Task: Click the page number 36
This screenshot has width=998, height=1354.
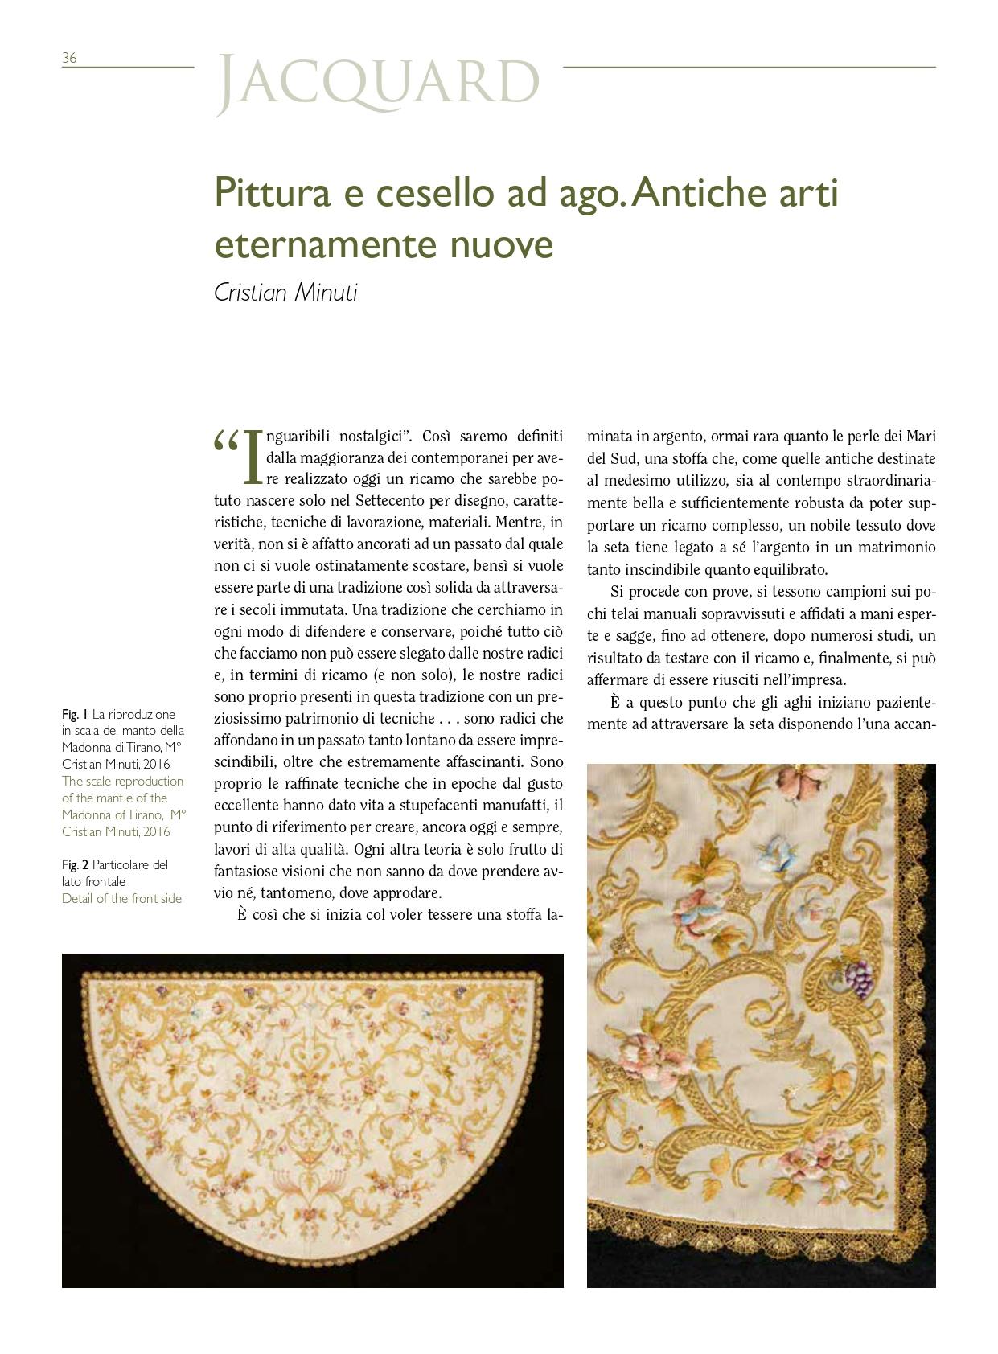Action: (x=69, y=58)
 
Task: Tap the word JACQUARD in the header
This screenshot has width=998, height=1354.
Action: (x=378, y=83)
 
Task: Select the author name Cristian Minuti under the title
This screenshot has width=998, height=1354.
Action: (x=285, y=293)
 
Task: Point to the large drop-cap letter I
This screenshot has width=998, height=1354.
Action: (x=253, y=457)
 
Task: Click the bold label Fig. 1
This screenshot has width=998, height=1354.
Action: (x=75, y=714)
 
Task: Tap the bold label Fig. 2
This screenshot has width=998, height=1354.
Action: (x=75, y=864)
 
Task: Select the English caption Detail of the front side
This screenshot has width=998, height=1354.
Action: (x=121, y=898)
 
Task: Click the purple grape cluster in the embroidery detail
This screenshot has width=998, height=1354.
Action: (x=860, y=976)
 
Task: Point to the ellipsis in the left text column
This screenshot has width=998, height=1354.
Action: (x=449, y=718)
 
